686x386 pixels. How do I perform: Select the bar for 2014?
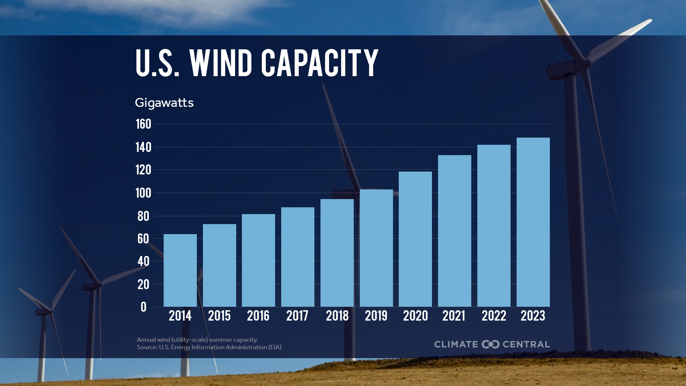click(180, 270)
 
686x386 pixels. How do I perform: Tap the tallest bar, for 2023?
click(533, 222)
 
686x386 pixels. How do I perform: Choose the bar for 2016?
click(258, 260)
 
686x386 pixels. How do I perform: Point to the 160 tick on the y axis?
click(143, 124)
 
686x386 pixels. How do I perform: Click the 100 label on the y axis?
click(143, 193)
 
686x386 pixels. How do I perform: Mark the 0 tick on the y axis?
click(143, 307)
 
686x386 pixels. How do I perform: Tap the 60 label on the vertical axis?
click(143, 239)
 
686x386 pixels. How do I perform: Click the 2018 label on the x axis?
click(337, 316)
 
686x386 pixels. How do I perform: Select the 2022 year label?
click(494, 316)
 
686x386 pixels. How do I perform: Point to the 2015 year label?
click(219, 316)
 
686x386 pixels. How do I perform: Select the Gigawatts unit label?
click(164, 103)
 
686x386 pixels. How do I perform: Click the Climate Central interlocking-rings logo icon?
click(490, 344)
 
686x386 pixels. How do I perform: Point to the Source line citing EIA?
click(209, 347)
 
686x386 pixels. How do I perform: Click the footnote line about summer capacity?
click(197, 340)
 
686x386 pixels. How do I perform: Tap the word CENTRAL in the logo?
click(526, 344)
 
